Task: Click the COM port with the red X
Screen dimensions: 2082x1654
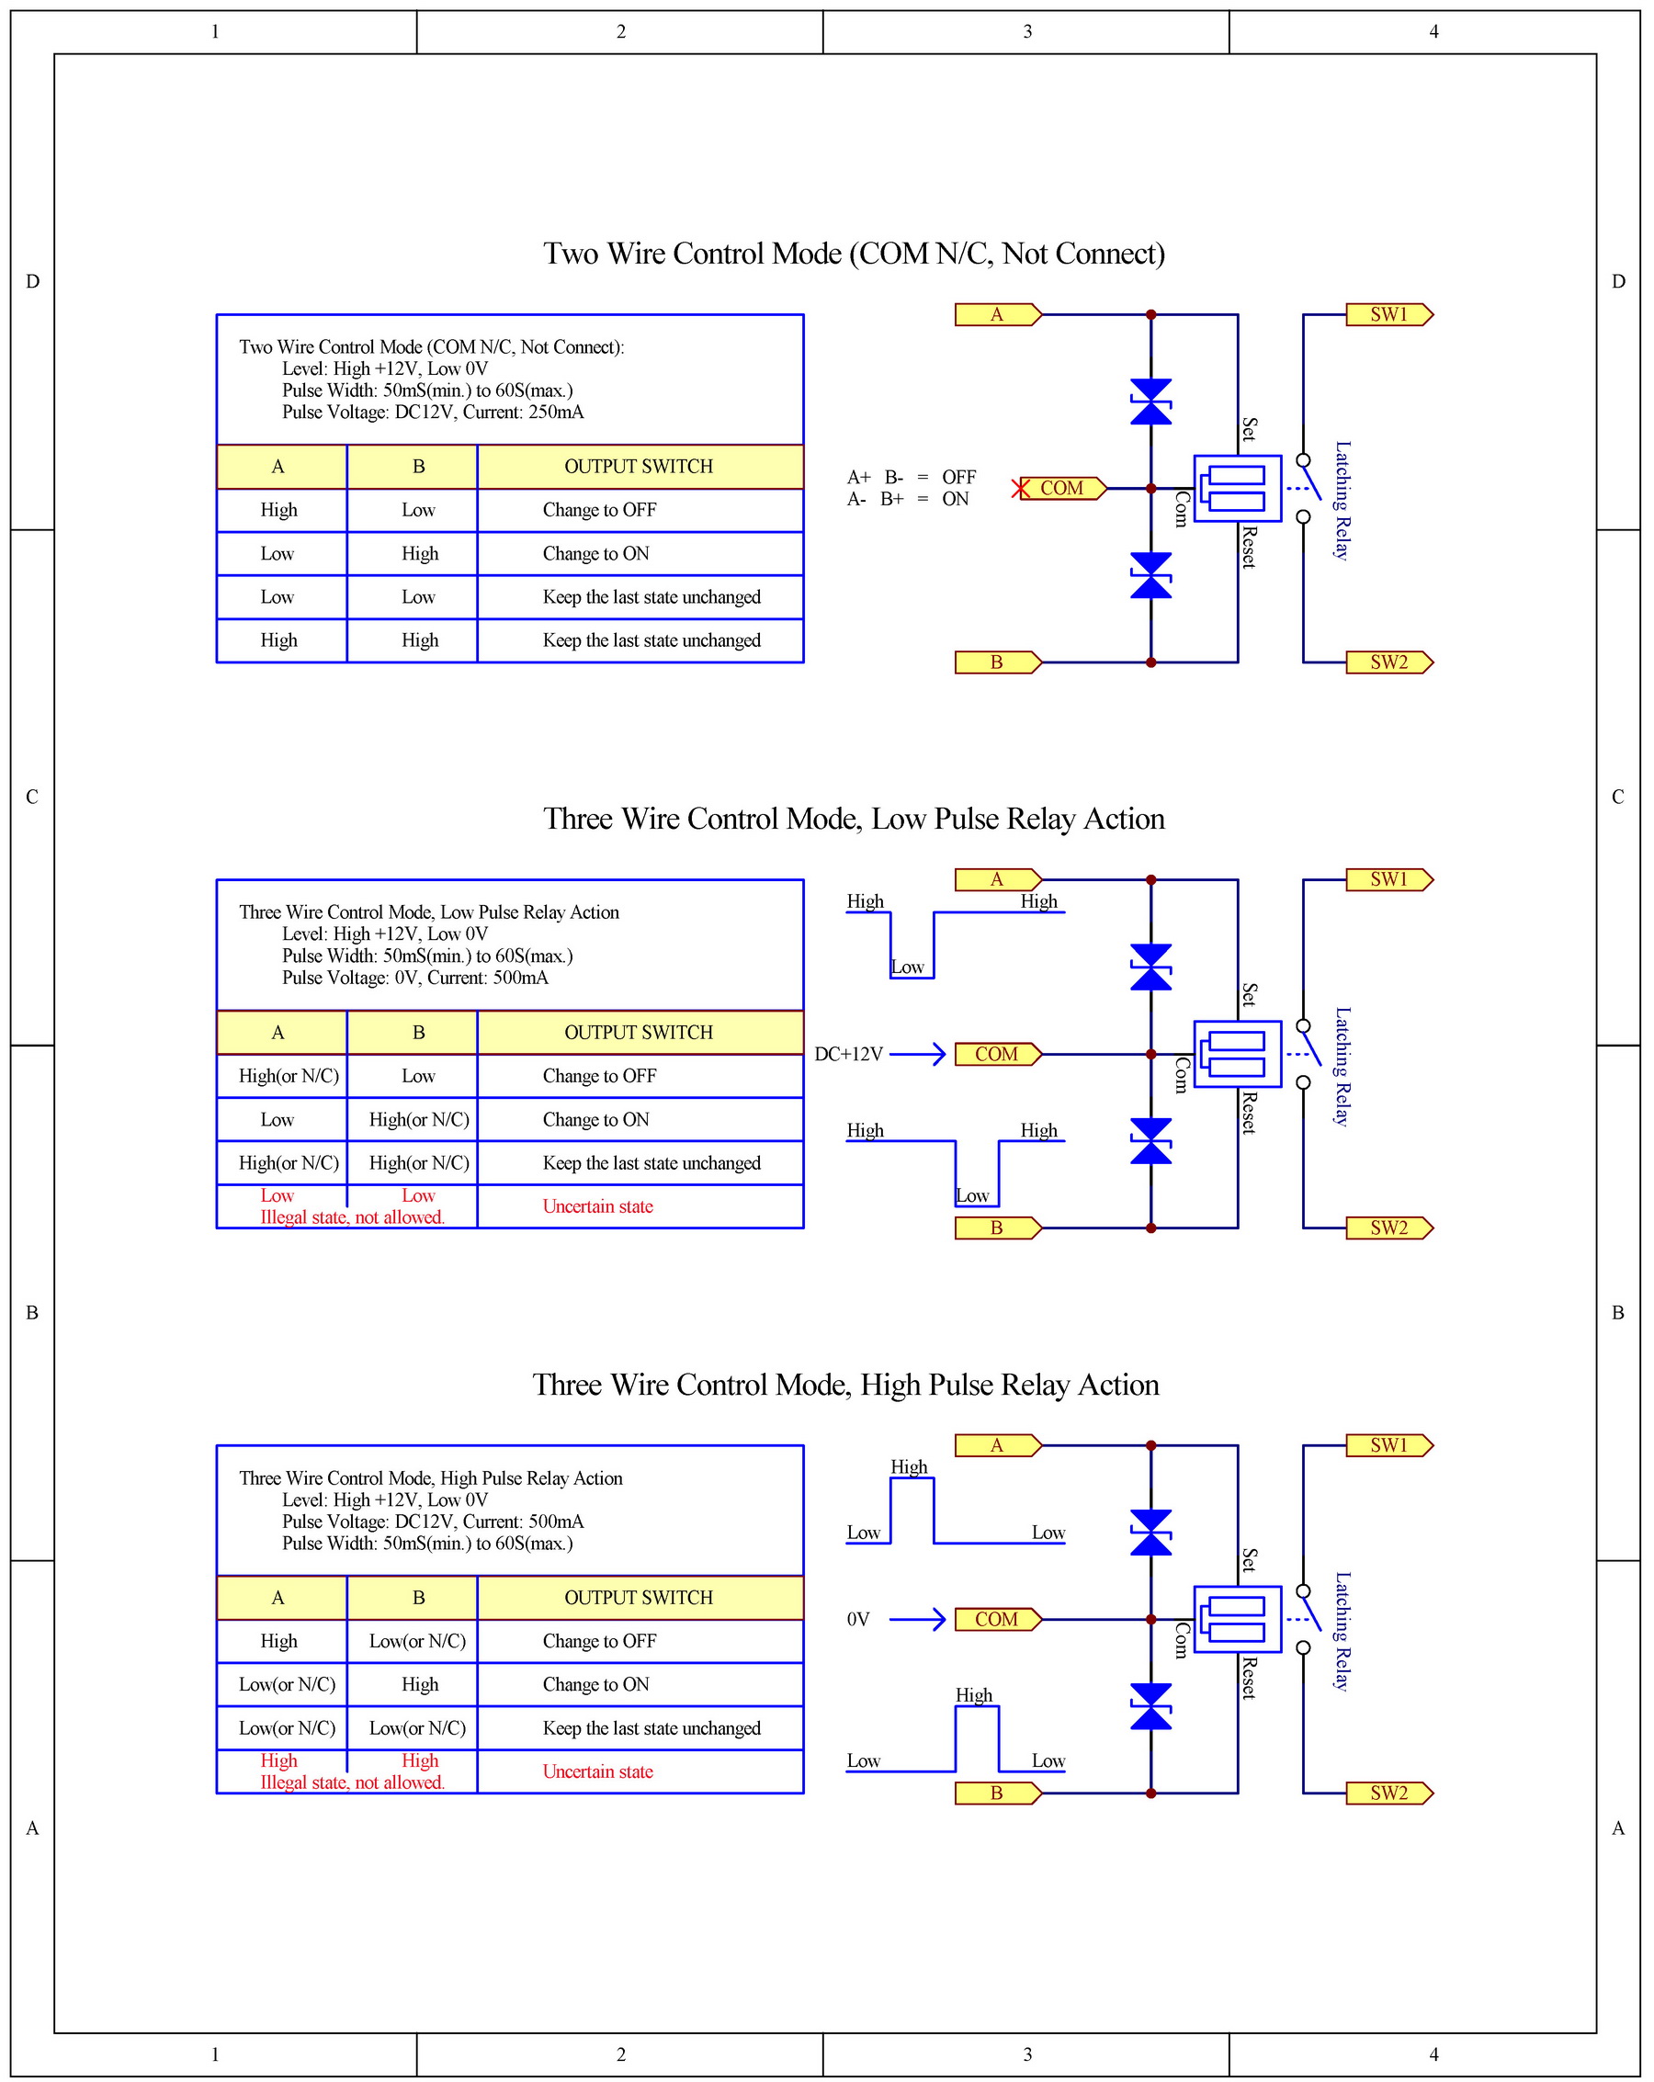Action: pos(1061,489)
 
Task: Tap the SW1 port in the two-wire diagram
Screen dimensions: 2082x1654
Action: pos(1388,315)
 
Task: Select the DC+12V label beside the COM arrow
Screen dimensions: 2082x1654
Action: pos(849,1055)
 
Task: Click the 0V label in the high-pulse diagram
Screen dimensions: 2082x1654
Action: pos(858,1620)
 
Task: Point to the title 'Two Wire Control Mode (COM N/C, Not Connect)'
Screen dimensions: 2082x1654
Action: pos(854,254)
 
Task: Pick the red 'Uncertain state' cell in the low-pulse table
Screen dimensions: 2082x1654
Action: pos(597,1206)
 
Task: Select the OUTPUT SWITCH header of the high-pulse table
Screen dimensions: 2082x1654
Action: pos(639,1598)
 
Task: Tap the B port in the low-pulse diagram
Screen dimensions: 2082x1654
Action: pos(996,1228)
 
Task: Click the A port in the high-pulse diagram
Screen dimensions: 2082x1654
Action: pos(996,1445)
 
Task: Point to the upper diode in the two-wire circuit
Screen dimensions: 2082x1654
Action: pos(1151,402)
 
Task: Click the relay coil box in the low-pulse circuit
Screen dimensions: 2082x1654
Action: pos(1237,1055)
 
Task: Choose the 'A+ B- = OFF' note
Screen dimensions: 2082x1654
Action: pos(912,477)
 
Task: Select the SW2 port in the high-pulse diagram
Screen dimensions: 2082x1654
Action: pos(1388,1793)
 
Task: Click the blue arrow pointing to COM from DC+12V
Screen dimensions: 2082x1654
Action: pos(917,1055)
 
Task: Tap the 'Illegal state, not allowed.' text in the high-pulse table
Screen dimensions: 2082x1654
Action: pos(353,1782)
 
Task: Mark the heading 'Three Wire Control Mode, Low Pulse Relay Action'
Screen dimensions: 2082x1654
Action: pos(854,819)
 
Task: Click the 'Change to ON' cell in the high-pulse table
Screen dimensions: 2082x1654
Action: pos(595,1684)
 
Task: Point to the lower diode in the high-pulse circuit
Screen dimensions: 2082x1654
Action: pos(1151,1706)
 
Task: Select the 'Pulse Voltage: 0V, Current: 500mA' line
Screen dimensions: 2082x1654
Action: pos(415,978)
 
